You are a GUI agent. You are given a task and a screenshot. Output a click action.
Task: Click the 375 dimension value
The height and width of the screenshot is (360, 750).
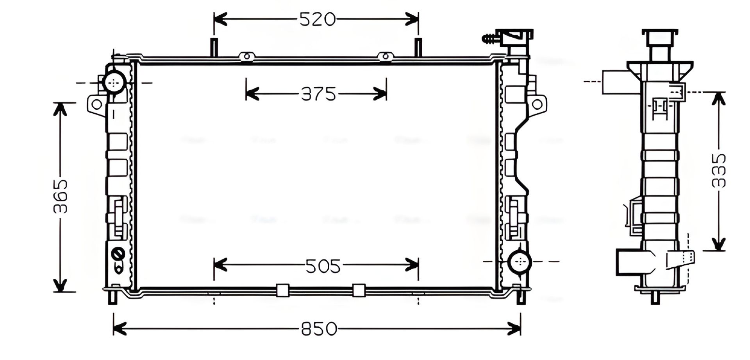(x=318, y=94)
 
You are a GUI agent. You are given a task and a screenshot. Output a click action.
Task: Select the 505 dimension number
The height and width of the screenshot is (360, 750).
(x=323, y=267)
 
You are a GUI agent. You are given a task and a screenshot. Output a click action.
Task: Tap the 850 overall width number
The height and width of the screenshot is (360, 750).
(x=319, y=329)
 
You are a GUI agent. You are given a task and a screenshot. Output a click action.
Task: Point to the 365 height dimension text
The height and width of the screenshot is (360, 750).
(x=61, y=197)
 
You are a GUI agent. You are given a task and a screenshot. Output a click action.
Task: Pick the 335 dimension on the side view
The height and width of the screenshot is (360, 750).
(x=718, y=170)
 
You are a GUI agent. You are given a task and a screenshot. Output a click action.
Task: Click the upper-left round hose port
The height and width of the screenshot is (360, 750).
(x=114, y=82)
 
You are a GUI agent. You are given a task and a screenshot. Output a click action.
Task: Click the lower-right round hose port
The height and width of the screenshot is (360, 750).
(x=520, y=261)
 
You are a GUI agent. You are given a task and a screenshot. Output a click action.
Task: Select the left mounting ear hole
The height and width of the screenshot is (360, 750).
(x=96, y=105)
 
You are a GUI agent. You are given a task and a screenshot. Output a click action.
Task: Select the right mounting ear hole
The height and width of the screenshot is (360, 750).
(x=537, y=104)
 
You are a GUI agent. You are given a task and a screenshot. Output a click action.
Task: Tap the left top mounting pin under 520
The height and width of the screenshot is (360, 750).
(x=214, y=47)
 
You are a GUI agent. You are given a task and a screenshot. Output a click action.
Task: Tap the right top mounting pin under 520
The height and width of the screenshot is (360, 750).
(x=418, y=47)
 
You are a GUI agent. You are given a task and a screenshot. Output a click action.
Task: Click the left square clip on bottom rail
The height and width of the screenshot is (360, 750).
(x=282, y=290)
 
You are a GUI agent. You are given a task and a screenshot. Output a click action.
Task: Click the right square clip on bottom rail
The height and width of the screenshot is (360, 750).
(x=359, y=290)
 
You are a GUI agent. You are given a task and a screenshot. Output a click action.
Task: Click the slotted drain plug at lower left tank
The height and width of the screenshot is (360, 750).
(x=117, y=253)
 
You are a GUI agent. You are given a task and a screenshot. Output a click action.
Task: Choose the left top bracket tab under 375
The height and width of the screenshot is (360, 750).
(x=246, y=57)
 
